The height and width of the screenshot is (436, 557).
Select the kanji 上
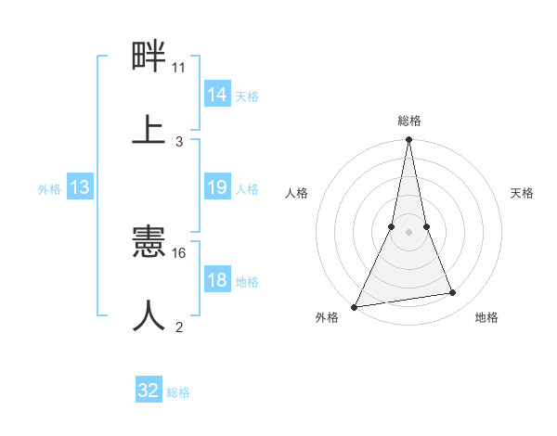[149, 128]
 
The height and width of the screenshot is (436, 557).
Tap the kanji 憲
[149, 243]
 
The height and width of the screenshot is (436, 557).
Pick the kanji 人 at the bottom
[149, 315]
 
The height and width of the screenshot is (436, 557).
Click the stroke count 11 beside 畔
[179, 68]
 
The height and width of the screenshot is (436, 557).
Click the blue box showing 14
[217, 95]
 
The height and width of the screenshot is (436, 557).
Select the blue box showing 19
[217, 187]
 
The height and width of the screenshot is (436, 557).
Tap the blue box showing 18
[217, 280]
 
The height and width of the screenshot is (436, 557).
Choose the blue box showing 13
[80, 187]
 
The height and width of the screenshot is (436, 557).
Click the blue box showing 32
[149, 391]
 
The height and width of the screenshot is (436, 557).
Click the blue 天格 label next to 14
[247, 96]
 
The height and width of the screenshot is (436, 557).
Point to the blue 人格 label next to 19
[247, 188]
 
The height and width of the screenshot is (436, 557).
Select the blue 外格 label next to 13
[49, 188]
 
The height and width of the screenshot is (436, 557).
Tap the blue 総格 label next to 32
[178, 391]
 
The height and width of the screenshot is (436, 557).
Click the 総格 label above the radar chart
[409, 121]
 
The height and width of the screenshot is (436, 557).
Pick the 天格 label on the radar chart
[523, 193]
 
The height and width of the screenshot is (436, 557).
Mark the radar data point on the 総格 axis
[409, 139]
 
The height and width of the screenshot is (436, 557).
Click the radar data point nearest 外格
[355, 307]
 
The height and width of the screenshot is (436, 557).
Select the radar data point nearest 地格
[453, 293]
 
